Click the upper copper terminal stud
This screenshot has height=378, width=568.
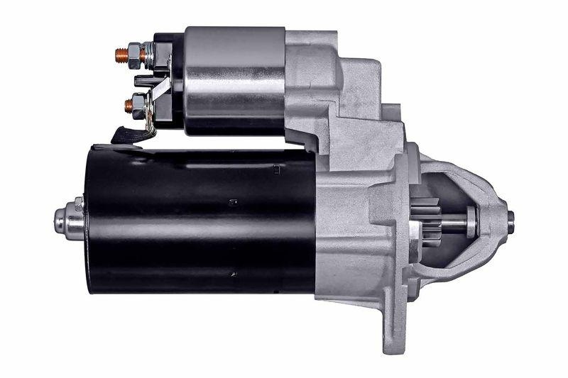[121, 54]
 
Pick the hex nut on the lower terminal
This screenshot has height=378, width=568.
[138, 106]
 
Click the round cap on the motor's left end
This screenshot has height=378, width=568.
[70, 221]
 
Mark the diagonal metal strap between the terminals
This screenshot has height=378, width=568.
[160, 92]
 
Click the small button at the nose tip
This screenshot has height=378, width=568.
[510, 221]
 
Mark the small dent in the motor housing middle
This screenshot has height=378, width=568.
[233, 203]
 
